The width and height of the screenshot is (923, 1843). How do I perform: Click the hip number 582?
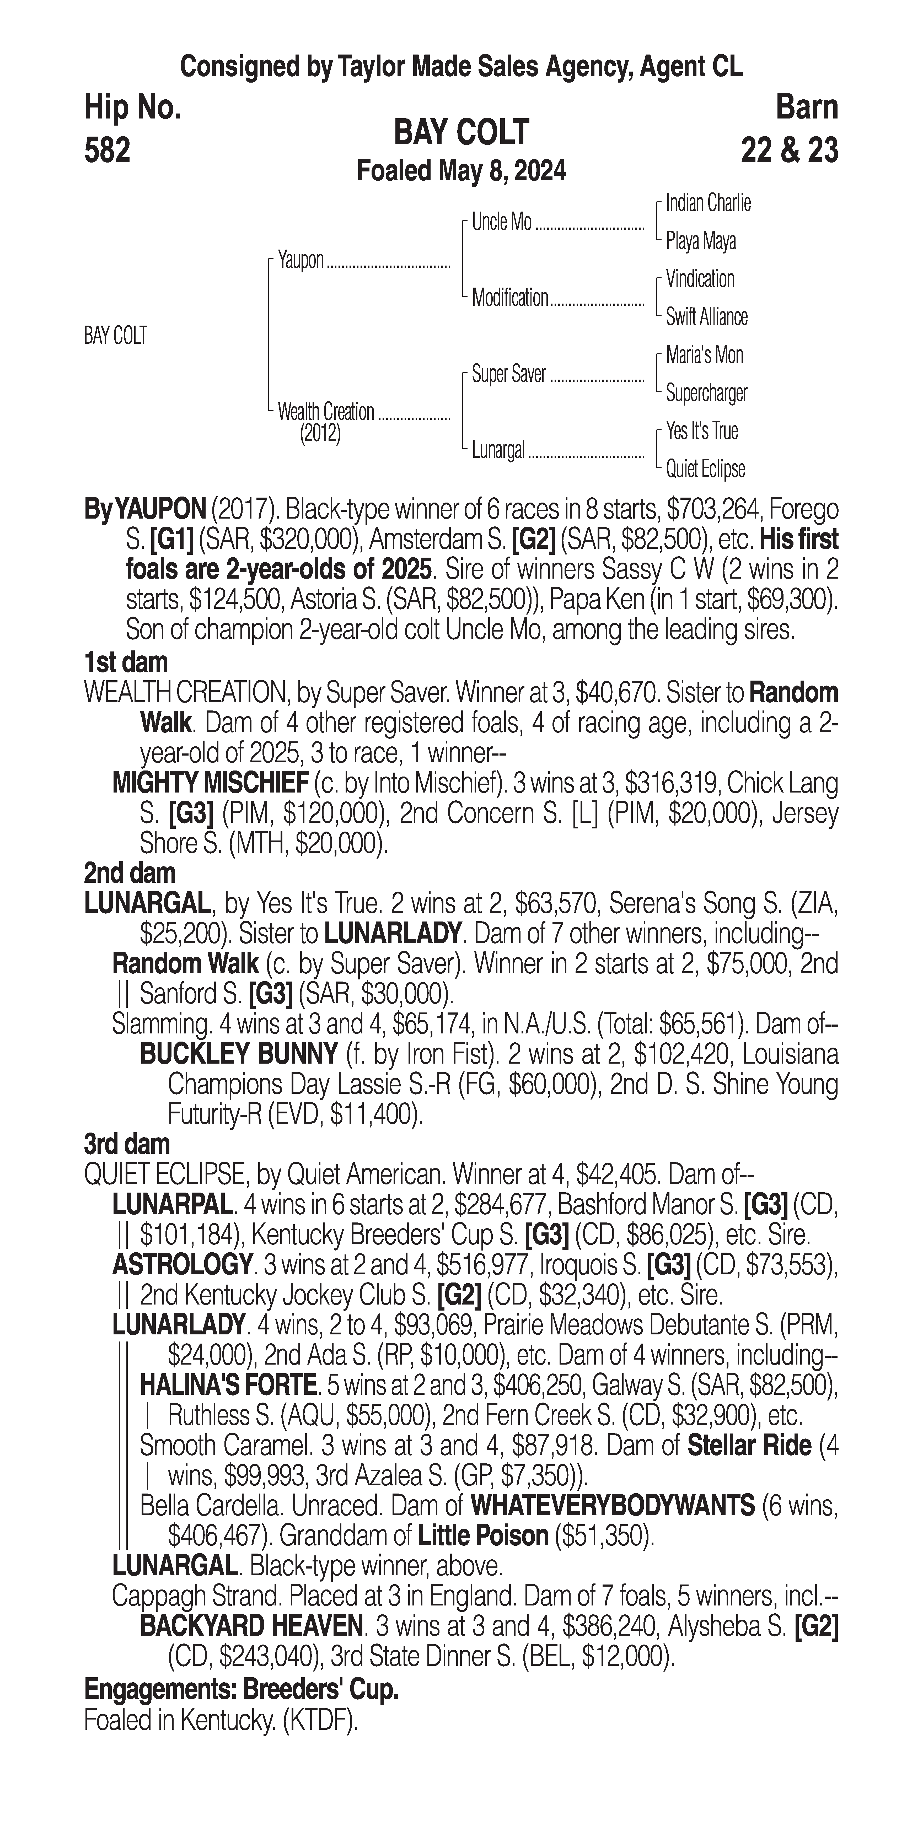[107, 151]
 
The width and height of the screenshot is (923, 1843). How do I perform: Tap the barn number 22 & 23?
[789, 151]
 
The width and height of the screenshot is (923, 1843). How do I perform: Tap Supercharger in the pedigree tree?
[706, 393]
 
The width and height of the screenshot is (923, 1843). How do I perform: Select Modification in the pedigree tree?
[509, 298]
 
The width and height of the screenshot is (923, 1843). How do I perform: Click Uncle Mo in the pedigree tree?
[502, 223]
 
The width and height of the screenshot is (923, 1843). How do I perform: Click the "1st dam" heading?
[126, 662]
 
